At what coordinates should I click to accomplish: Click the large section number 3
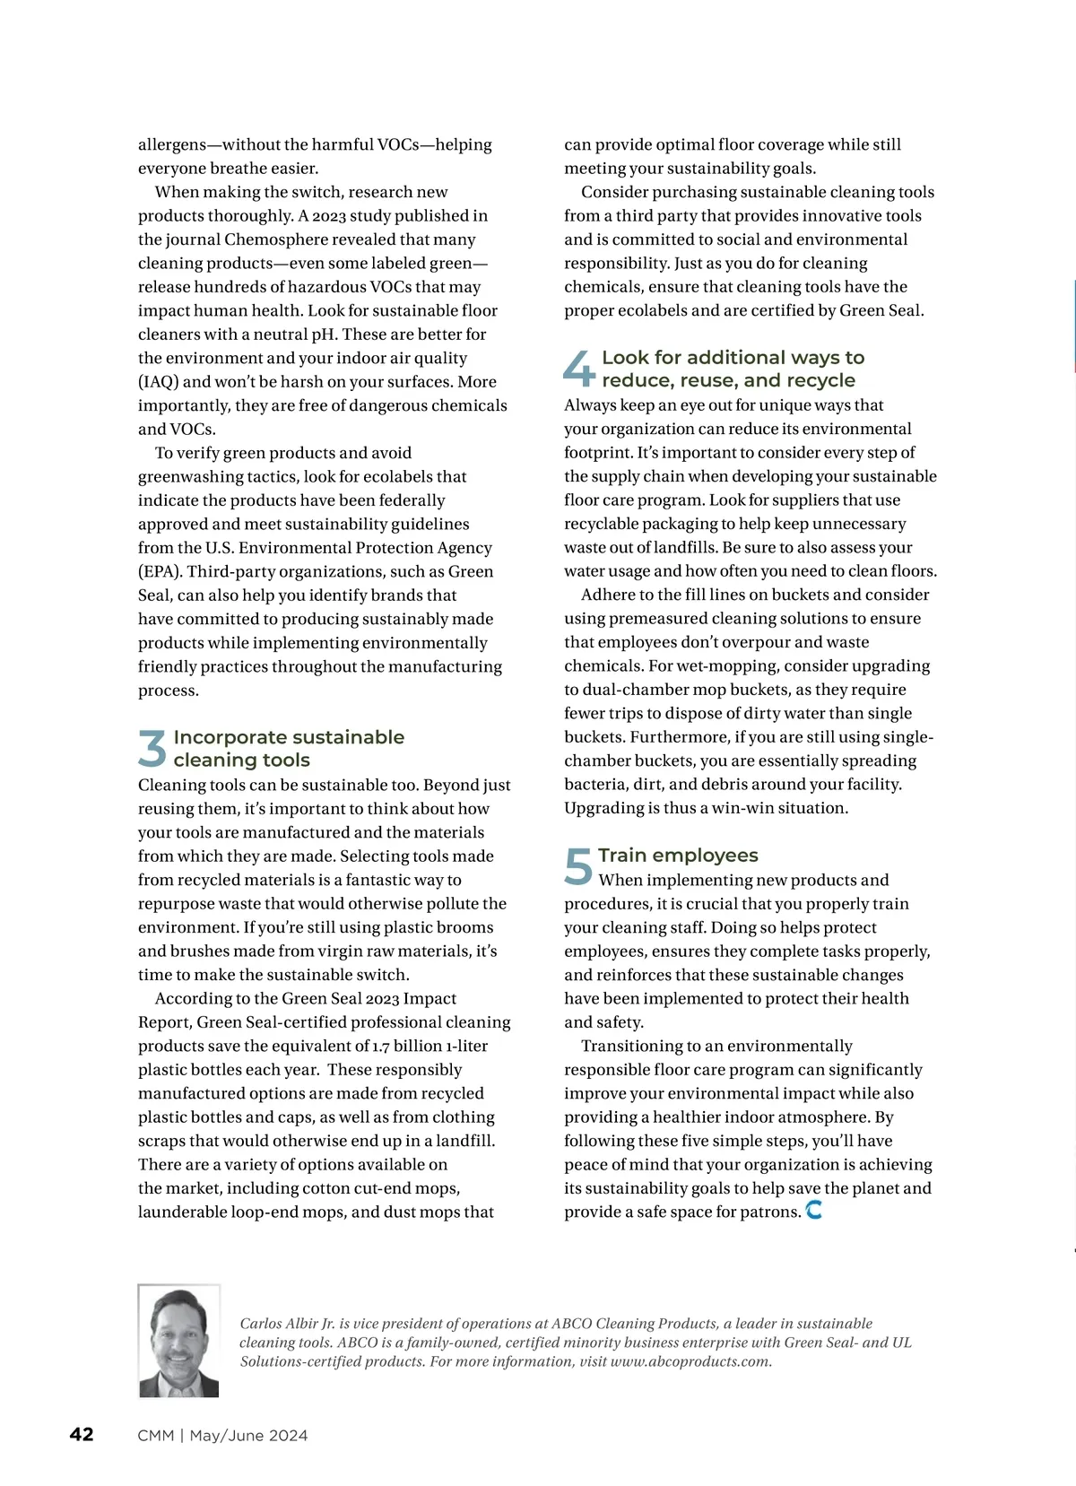tap(152, 748)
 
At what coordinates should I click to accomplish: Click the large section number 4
tap(579, 368)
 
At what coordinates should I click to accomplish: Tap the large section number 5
tap(578, 866)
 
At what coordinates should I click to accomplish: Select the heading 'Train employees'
tap(678, 856)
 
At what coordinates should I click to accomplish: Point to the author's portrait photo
tap(179, 1341)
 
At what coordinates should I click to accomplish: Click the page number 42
tap(82, 1435)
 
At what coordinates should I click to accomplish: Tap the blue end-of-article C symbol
tap(814, 1211)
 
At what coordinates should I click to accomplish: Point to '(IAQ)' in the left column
tap(158, 382)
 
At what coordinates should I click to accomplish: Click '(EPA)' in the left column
tap(160, 572)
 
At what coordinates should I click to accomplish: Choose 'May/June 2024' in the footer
tap(248, 1436)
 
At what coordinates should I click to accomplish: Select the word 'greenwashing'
tap(190, 477)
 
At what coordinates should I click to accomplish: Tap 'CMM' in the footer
tap(155, 1436)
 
